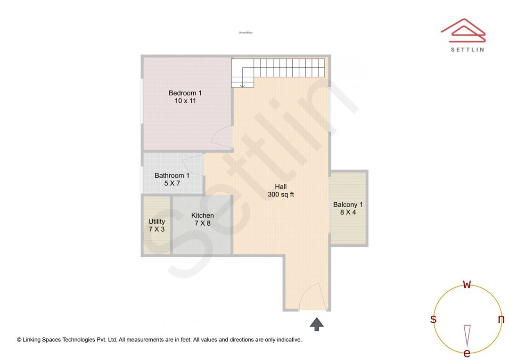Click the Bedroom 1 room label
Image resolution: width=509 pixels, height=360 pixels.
185,93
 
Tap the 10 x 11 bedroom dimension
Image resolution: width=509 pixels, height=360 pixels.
185,101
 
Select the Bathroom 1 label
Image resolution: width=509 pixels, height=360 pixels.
172,176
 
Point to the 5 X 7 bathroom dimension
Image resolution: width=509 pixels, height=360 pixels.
172,183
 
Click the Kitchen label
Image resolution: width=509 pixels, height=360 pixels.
202,216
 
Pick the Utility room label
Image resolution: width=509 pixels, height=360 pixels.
156,221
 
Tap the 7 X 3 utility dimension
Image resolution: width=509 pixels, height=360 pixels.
156,229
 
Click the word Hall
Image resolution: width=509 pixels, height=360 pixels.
281,187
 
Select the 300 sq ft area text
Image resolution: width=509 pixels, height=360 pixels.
281,195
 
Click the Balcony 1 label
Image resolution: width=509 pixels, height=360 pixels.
348,205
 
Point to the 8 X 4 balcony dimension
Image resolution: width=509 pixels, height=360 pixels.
348,213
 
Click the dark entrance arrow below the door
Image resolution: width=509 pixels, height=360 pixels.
317,324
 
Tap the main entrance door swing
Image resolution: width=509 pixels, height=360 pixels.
311,297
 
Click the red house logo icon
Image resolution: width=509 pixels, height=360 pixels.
463,29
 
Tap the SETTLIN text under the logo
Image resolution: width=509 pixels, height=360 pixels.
467,49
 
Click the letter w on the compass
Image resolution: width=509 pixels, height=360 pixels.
467,284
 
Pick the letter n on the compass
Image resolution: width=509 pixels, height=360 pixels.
501,319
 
